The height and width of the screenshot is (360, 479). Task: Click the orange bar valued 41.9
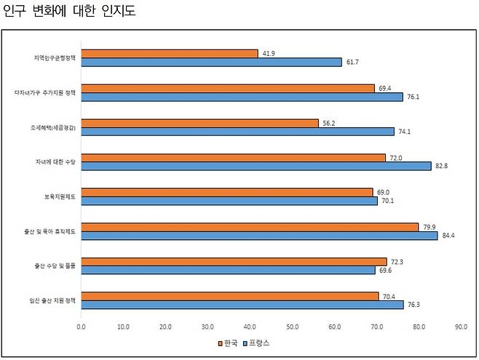pyautogui.click(x=169, y=53)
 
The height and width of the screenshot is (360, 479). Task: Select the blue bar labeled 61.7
pyautogui.click(x=211, y=62)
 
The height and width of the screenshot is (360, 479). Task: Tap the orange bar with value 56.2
pyautogui.click(x=199, y=123)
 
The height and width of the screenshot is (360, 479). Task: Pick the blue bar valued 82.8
pyautogui.click(x=256, y=166)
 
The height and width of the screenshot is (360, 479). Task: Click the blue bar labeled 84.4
pyautogui.click(x=259, y=235)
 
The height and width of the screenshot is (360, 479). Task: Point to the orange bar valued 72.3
pyautogui.click(x=234, y=261)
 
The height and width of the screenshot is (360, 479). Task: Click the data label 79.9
pyautogui.click(x=429, y=226)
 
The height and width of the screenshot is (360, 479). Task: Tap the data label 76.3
pyautogui.click(x=414, y=305)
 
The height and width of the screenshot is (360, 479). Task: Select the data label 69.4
pyautogui.click(x=385, y=88)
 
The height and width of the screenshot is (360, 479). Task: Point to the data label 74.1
pyautogui.click(x=405, y=132)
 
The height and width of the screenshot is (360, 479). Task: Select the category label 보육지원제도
pyautogui.click(x=59, y=196)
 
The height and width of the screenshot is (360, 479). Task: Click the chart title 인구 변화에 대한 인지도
pyautogui.click(x=69, y=12)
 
